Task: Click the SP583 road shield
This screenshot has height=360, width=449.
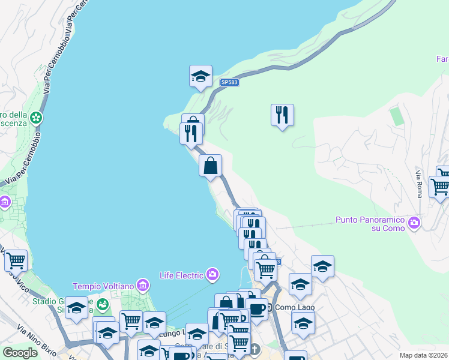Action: tap(229, 82)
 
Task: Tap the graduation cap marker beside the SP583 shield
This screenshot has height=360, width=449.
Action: tap(200, 76)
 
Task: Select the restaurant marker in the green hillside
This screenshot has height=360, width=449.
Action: tap(282, 114)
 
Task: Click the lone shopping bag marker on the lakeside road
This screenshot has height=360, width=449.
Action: tap(211, 166)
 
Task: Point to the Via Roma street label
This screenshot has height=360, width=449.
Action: tap(418, 184)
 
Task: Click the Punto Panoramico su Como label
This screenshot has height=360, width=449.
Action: tap(371, 223)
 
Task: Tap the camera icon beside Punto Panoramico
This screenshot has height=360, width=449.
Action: tap(414, 224)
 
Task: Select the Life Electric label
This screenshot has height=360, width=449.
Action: tap(181, 275)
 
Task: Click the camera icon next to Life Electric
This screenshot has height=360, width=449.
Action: tap(212, 275)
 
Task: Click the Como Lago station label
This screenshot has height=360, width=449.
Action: tap(295, 308)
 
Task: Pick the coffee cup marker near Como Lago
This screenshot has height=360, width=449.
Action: tap(257, 310)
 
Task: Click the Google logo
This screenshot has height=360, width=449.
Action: tap(20, 353)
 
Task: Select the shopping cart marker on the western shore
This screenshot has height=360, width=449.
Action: tap(16, 260)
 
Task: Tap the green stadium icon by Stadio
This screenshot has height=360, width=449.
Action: tap(102, 304)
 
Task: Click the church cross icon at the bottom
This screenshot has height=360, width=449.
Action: tap(255, 349)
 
